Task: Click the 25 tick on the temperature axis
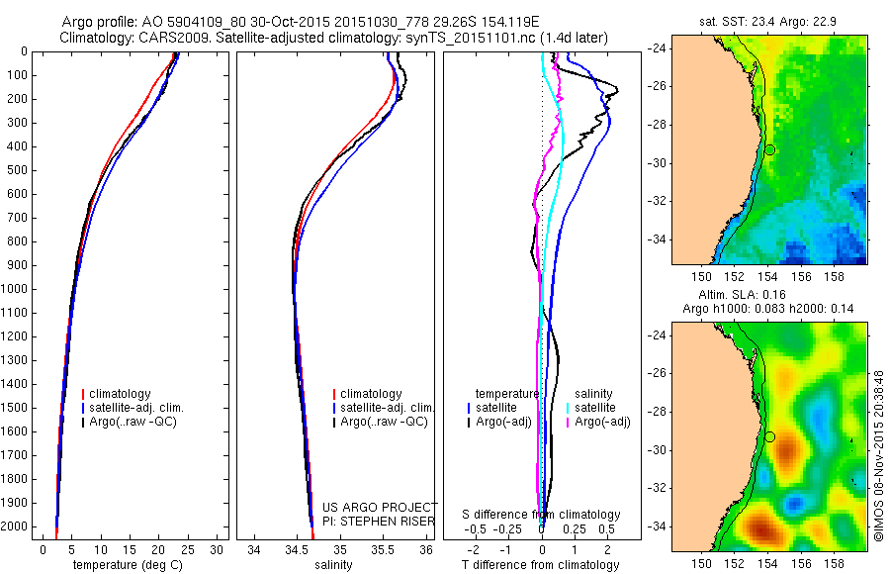pyautogui.click(x=189, y=549)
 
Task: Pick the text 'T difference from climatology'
pyautogui.click(x=540, y=565)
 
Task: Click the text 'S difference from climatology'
pyautogui.click(x=541, y=515)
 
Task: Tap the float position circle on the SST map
pyautogui.click(x=769, y=149)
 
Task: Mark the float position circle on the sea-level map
pyautogui.click(x=769, y=436)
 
